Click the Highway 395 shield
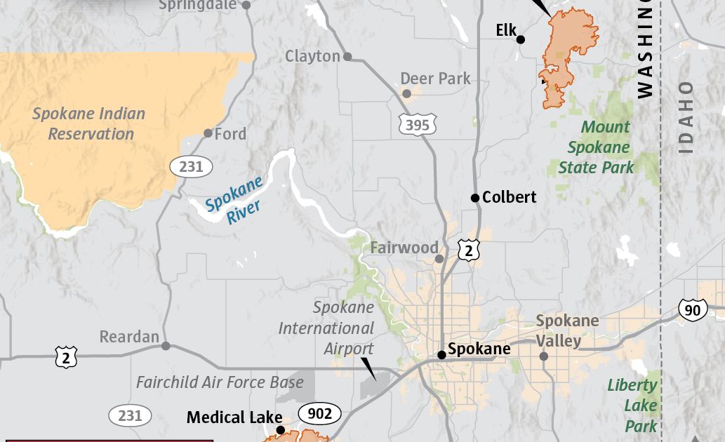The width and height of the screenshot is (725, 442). [417, 125]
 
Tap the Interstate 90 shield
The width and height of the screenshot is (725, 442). [693, 309]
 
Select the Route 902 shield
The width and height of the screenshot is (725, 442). [319, 414]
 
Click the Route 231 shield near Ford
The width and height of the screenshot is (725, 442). [190, 166]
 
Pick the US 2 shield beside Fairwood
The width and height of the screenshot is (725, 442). [469, 250]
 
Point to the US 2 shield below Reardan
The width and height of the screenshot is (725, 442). [66, 357]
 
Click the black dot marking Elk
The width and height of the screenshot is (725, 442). [521, 39]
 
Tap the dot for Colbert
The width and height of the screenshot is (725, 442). [475, 198]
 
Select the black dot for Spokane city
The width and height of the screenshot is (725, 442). [441, 355]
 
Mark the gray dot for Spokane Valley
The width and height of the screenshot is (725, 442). [543, 356]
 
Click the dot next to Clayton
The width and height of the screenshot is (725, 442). [347, 56]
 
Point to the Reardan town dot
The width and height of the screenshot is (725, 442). [166, 346]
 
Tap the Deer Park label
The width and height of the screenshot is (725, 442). [435, 79]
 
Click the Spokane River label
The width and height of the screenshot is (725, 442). [234, 200]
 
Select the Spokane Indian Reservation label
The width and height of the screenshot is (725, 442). [89, 123]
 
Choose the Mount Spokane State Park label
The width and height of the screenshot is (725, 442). [596, 147]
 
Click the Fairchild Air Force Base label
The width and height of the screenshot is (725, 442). [220, 382]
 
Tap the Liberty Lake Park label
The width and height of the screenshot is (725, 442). [632, 405]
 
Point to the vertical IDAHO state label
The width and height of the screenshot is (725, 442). [686, 118]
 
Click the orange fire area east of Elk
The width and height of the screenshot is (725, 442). [568, 49]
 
